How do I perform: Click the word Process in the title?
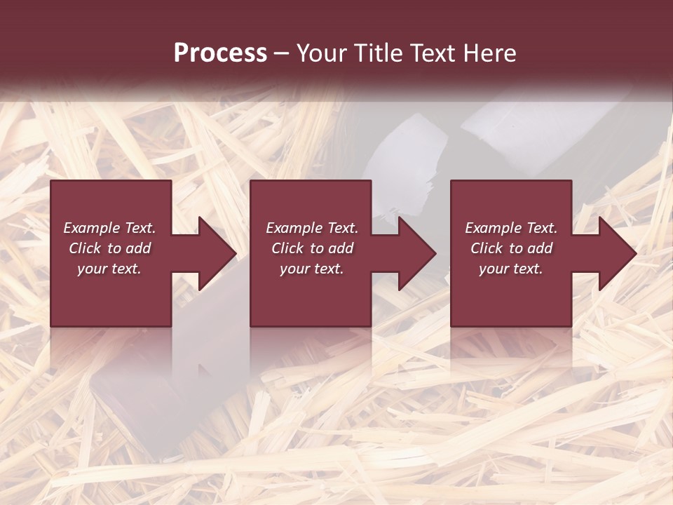pyautogui.click(x=220, y=53)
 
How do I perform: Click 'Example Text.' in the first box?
pyautogui.click(x=109, y=228)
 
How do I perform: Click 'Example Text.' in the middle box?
pyautogui.click(x=312, y=228)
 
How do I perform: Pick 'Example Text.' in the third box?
pyautogui.click(x=511, y=228)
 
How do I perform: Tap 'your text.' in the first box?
pyautogui.click(x=109, y=269)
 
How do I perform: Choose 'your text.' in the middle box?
pyautogui.click(x=312, y=269)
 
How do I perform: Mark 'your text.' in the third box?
pyautogui.click(x=511, y=269)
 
